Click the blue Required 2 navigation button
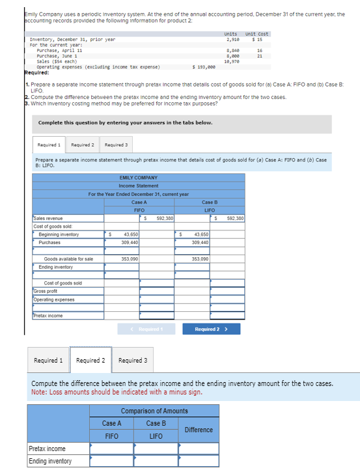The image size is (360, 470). pyautogui.click(x=211, y=329)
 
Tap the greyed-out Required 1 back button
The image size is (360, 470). pyautogui.click(x=150, y=329)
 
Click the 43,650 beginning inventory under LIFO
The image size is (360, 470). pyautogui.click(x=201, y=234)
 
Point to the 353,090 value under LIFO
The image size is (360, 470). pyautogui.click(x=201, y=259)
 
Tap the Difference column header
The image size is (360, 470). pyautogui.click(x=199, y=430)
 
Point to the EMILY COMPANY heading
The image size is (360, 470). pyautogui.click(x=138, y=177)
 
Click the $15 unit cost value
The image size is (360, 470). pyautogui.click(x=257, y=40)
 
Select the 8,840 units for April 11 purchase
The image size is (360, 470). pyautogui.click(x=231, y=50)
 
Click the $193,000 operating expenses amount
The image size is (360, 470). pyautogui.click(x=204, y=66)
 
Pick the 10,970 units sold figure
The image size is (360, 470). pyautogui.click(x=231, y=61)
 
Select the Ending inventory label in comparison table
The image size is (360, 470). pyautogui.click(x=49, y=462)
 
